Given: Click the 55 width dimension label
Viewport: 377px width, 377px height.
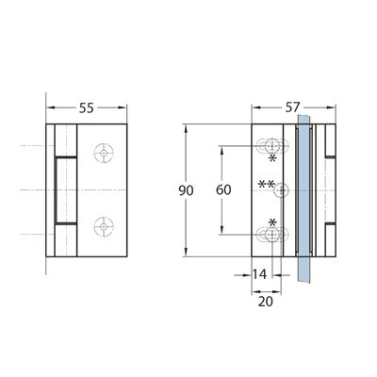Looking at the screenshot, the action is tap(87, 108).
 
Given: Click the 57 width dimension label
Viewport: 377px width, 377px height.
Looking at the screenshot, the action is tap(292, 107).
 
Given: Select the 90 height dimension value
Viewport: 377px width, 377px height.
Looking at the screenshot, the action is tap(186, 190).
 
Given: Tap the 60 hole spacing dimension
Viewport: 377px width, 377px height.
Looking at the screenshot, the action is tap(223, 189).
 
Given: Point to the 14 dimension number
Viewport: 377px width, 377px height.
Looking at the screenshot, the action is tap(259, 274).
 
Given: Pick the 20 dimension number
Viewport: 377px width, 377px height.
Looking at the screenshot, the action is tap(266, 302).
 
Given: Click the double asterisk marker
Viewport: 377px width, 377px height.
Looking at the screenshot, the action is tap(266, 184).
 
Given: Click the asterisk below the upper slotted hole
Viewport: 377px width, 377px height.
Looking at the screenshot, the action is tap(272, 158).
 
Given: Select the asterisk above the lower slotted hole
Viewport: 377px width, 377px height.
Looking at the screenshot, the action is tap(272, 222).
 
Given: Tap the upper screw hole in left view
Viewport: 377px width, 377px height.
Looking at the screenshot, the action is tap(104, 153).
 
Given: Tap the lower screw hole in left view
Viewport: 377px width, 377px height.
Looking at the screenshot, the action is tap(104, 226).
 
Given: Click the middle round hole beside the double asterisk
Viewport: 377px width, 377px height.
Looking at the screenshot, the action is tap(282, 190).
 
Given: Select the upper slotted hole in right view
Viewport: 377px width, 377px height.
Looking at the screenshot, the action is tap(272, 146).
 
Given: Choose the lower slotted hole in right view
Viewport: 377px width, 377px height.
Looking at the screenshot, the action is tap(272, 235).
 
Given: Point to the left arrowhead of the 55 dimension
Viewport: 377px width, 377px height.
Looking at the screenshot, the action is tap(50, 107).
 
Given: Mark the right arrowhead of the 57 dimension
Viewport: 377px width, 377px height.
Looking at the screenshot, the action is tap(332, 107).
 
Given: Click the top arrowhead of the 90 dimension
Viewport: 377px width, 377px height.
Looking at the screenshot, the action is tap(186, 129).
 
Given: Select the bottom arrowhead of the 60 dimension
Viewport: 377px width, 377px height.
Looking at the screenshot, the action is tap(222, 230).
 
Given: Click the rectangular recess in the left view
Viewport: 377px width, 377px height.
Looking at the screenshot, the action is tap(66, 190).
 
